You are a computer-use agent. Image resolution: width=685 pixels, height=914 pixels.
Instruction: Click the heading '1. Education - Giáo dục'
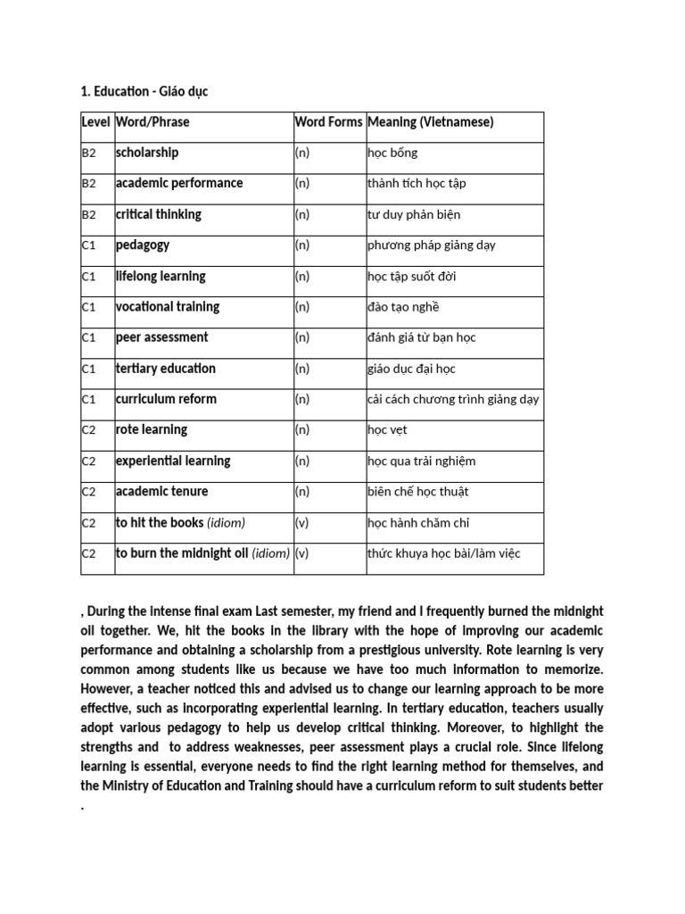point(144,92)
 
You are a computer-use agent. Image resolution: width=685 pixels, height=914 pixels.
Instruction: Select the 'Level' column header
point(95,122)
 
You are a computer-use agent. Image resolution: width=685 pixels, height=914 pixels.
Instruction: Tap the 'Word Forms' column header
point(328,122)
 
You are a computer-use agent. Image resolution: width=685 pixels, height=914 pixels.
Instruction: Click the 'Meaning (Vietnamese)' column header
point(431,122)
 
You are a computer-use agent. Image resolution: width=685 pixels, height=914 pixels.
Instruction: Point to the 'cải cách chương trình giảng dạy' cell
point(453,399)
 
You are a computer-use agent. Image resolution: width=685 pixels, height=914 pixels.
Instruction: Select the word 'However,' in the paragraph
point(109,689)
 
